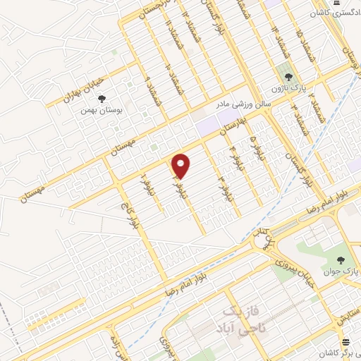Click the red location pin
pos(181,166)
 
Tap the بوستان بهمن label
pos(98,111)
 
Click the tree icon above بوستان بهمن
pos(102,99)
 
